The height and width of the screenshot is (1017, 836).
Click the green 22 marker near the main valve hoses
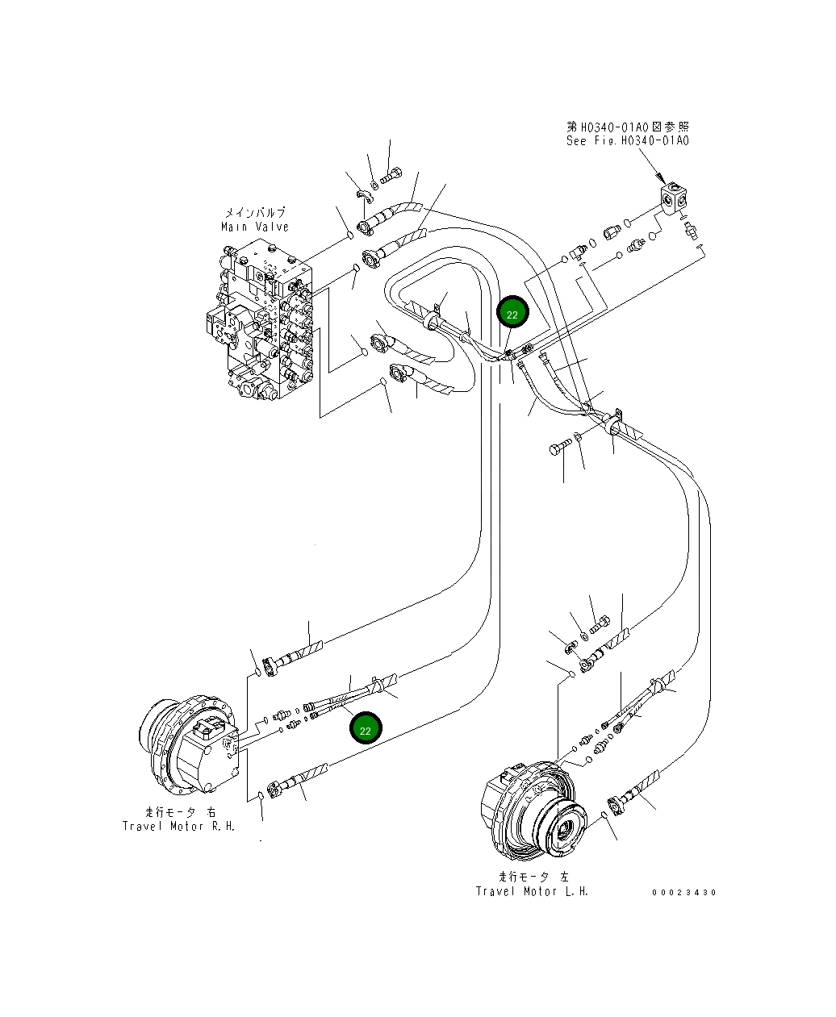coord(512,314)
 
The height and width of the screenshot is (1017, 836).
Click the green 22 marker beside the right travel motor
coord(365,729)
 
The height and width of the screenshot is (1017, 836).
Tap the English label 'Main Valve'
coord(254,227)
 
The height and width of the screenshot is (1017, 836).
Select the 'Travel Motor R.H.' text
coord(178,826)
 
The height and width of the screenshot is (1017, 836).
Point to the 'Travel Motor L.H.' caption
coord(532,891)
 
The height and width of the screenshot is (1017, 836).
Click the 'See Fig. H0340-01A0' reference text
coord(627,141)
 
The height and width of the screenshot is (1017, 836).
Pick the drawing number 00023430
coord(684,892)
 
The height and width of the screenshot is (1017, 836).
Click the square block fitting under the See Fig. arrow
coord(673,198)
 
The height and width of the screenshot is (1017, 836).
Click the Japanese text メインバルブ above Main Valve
coord(254,213)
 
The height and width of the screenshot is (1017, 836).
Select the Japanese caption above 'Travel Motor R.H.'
coord(180,812)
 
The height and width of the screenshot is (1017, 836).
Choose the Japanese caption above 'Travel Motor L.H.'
coord(533,877)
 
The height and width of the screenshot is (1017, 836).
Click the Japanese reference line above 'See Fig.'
coord(627,127)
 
